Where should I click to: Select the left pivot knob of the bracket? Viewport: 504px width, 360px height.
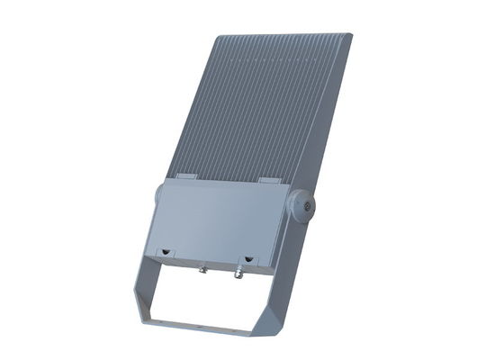[159, 193]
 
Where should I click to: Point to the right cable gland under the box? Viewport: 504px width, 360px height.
[239, 267]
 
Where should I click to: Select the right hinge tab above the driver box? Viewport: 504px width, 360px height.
[269, 181]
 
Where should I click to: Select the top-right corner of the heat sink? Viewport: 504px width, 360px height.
[349, 36]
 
